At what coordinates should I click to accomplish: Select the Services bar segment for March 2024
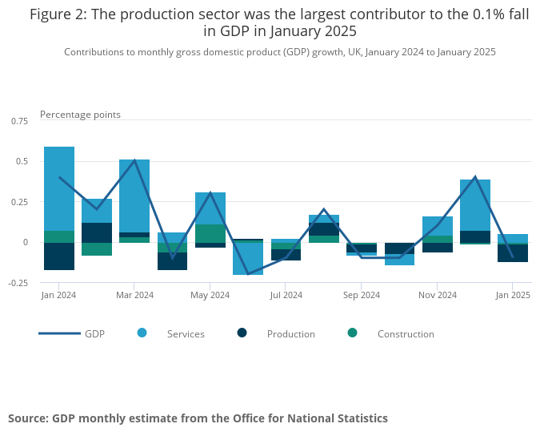tap(134, 196)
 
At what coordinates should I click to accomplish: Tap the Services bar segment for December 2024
tap(475, 204)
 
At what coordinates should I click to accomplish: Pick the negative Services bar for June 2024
tap(248, 259)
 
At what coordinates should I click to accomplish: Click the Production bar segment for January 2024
tap(59, 256)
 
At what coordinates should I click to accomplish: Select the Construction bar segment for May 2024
tap(210, 233)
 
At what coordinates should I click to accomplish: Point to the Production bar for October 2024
tap(400, 248)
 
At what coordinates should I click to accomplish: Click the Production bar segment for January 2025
tap(513, 253)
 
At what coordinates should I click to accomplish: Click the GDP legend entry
tap(72, 333)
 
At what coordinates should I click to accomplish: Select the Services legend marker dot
tap(142, 333)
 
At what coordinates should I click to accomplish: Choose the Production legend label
tap(291, 334)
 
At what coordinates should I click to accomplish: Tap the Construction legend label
tap(406, 334)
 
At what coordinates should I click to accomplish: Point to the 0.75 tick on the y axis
tap(19, 120)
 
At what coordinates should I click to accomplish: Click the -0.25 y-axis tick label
tap(18, 282)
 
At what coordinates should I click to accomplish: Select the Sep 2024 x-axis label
tap(362, 295)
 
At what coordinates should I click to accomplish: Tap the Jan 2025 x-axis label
tap(513, 295)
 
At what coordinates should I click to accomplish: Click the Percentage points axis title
tap(80, 115)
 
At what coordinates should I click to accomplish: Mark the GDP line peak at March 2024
tap(134, 160)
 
